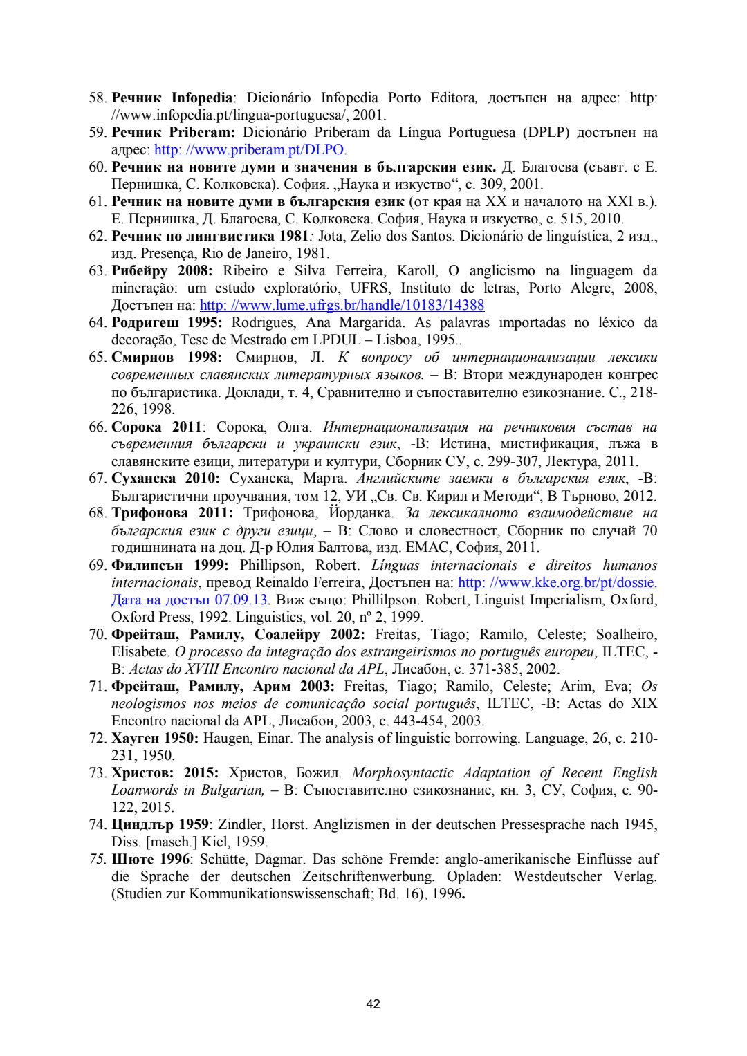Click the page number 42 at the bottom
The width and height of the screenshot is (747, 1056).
coord(373,1003)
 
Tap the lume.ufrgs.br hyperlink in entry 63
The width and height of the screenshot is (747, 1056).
coord(342,305)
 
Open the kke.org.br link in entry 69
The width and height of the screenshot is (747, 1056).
coord(557,582)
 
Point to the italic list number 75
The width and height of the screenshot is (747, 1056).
coord(98,859)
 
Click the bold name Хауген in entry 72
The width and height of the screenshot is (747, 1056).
coord(136,738)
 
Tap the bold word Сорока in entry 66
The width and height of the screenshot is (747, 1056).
coord(136,427)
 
